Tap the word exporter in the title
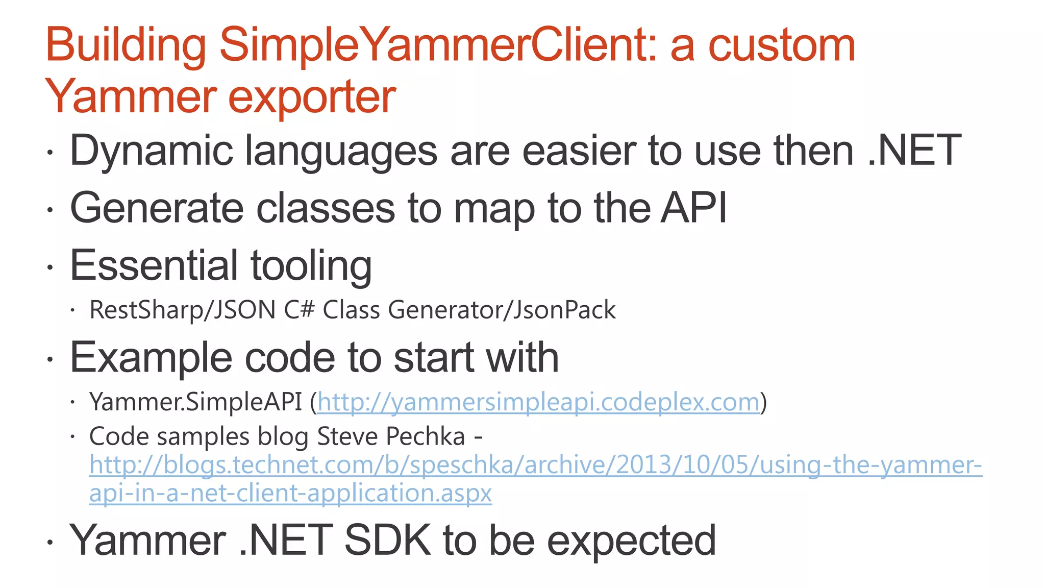click(x=312, y=97)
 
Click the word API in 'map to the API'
click(x=693, y=208)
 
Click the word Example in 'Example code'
click(x=151, y=358)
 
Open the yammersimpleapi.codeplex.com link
click(x=538, y=402)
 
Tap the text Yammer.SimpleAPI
click(x=196, y=402)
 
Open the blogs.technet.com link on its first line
click(x=535, y=465)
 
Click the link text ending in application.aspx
click(x=290, y=493)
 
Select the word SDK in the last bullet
click(x=388, y=540)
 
